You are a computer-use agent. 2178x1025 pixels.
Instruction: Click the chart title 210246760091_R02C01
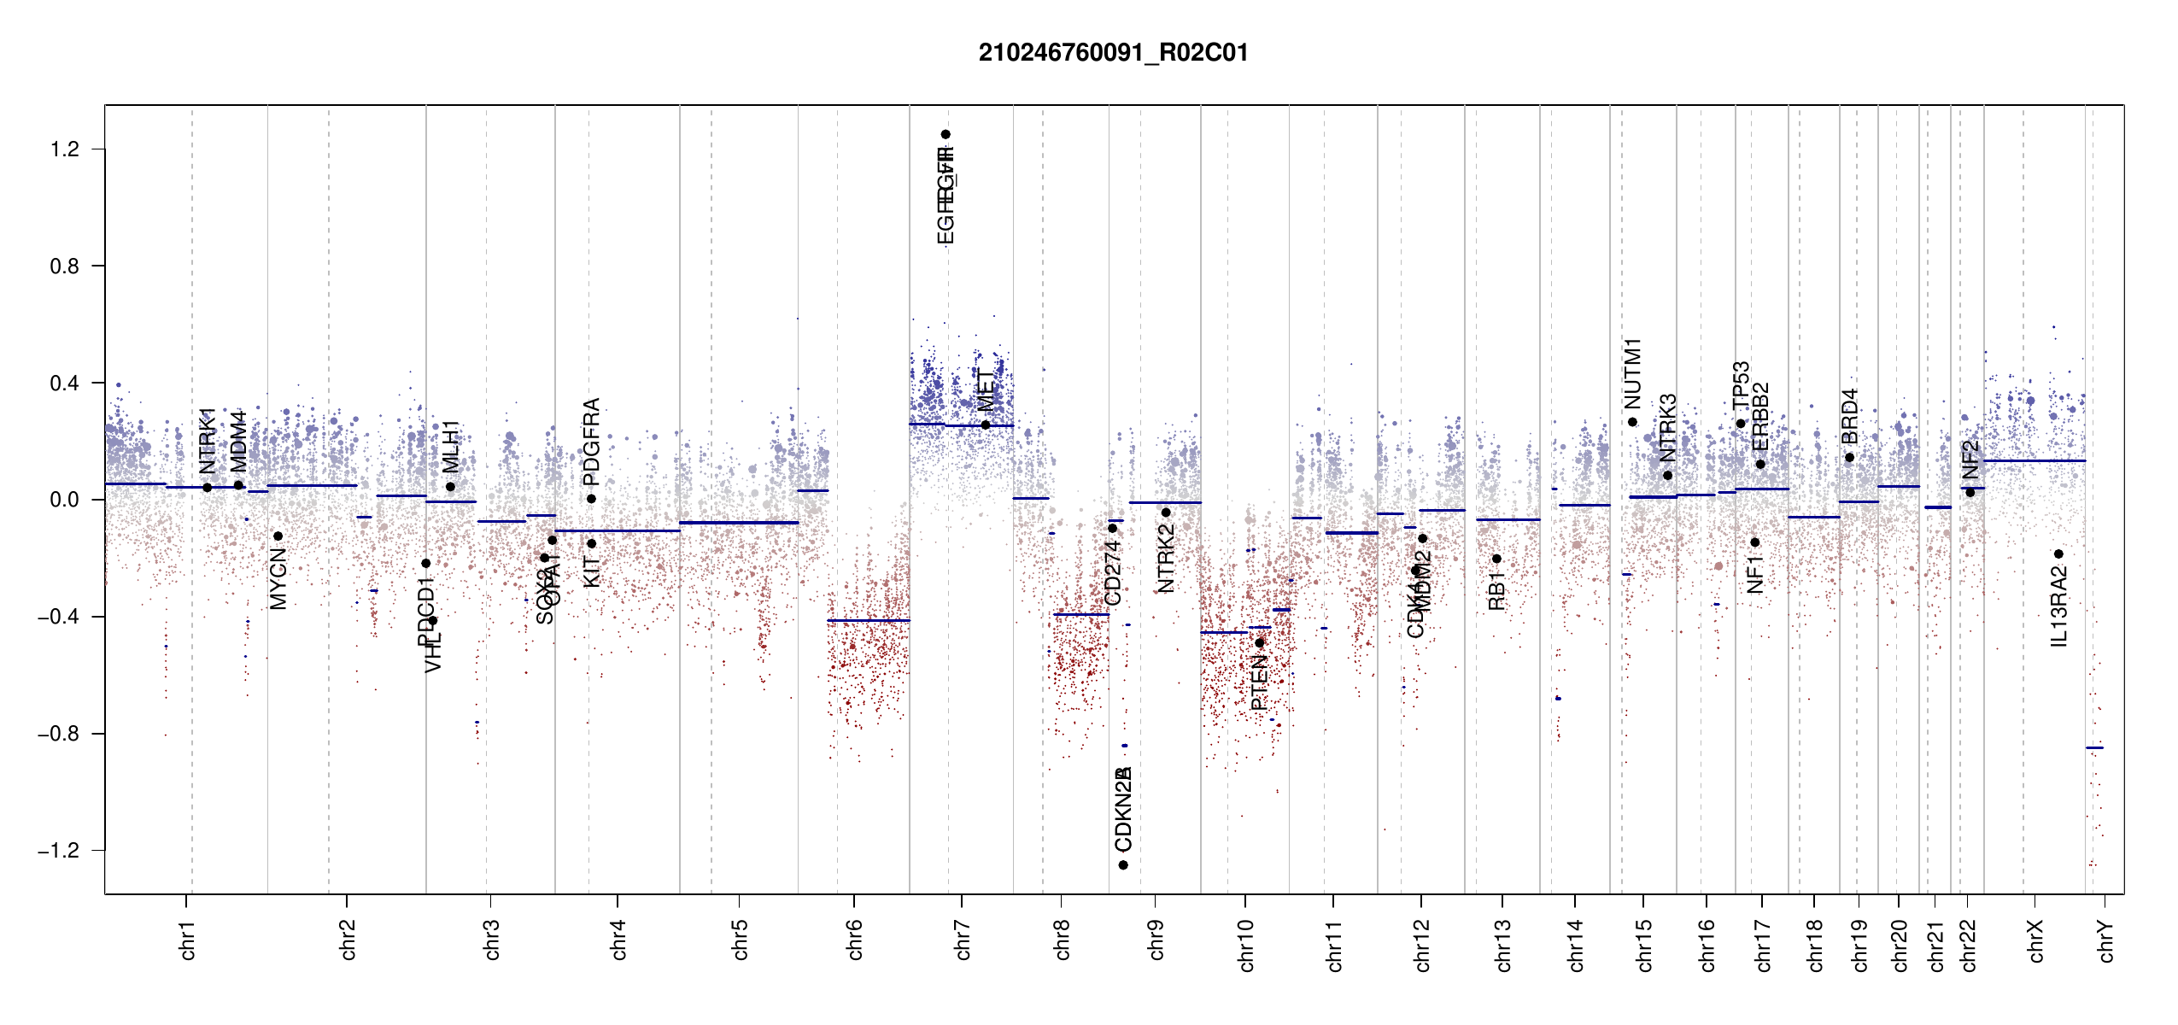1113,53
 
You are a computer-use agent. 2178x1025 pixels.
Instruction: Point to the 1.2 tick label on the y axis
64,149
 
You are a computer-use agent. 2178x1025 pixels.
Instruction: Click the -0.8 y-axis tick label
58,734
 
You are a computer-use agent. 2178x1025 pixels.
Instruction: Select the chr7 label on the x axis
963,940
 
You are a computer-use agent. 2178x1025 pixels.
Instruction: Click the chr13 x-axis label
1503,945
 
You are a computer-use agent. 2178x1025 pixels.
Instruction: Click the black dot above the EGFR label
946,134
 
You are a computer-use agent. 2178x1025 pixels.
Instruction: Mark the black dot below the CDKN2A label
1123,865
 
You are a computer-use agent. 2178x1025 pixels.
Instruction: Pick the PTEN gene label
1259,682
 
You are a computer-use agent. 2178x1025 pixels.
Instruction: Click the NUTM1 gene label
1632,373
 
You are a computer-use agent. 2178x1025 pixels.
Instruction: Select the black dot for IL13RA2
2058,554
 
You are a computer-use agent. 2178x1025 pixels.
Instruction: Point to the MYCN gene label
278,579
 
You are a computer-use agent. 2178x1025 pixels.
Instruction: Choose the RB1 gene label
1496,591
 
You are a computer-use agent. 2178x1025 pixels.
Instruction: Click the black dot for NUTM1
1632,422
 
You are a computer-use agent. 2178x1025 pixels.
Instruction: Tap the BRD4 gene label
1849,416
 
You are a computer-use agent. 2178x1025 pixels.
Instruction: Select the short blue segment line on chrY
2094,748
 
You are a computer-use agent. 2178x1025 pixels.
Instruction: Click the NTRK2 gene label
1166,558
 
